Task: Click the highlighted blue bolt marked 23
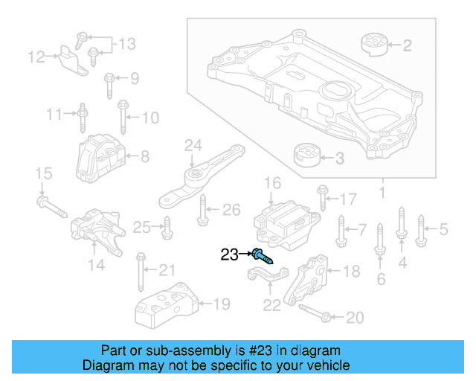(263, 256)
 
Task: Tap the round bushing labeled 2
(376, 44)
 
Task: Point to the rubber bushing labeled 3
(304, 158)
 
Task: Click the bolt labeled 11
(83, 115)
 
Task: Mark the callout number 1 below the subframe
(382, 195)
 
